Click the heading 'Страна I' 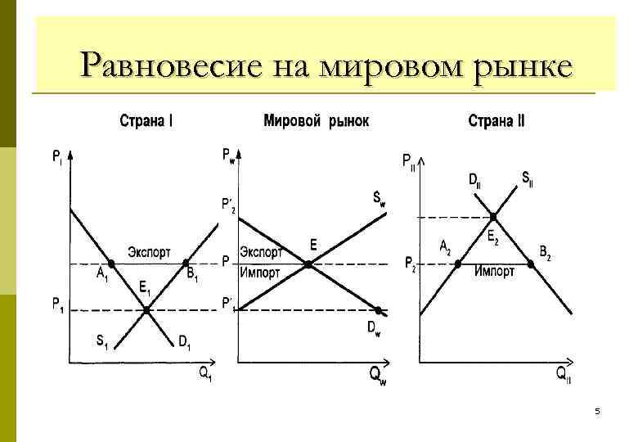(146, 121)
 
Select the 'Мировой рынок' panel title (316, 121)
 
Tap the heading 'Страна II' (496, 121)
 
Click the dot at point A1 (112, 264)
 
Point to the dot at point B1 (186, 264)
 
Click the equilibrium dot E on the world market (308, 264)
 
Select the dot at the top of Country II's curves (494, 216)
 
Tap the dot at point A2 (457, 264)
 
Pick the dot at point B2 (531, 264)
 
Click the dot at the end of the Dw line (379, 309)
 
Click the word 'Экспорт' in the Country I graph (148, 250)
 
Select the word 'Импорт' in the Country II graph (494, 272)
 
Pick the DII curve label (474, 180)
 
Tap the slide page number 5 (597, 413)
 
